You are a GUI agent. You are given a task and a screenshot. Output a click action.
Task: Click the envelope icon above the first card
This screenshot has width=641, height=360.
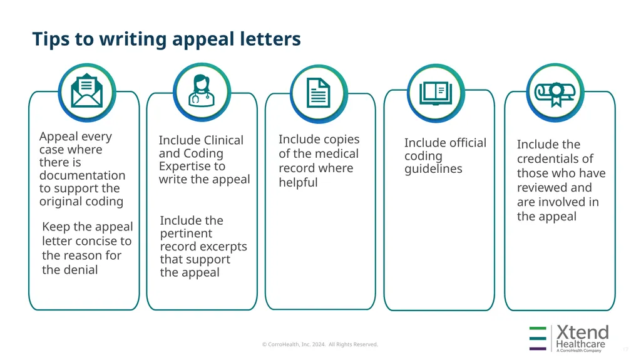pos(87,91)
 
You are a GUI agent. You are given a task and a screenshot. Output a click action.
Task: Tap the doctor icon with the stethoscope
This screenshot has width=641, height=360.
pos(201,91)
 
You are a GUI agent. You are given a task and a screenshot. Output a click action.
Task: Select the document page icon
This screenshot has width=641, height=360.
pos(319,93)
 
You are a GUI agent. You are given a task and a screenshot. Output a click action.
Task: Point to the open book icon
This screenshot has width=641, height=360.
pos(436,93)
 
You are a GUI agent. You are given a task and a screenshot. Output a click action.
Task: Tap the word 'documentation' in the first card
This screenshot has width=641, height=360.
pos(82,175)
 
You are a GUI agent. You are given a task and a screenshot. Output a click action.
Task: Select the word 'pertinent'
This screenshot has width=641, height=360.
pos(186,234)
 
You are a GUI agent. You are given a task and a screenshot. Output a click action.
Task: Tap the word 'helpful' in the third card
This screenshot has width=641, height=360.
pos(298,182)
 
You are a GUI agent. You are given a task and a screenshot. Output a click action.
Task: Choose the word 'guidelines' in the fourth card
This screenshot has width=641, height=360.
pos(433,169)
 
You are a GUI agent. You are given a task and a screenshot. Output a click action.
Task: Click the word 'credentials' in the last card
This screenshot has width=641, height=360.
pos(555,159)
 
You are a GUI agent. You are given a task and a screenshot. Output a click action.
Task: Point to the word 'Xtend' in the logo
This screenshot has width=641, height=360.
pos(582,332)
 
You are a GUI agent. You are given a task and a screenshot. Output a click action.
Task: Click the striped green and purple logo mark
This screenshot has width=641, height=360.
pos(538,338)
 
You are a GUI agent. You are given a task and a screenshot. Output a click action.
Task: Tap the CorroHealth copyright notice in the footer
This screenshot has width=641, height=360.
pos(320,344)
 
